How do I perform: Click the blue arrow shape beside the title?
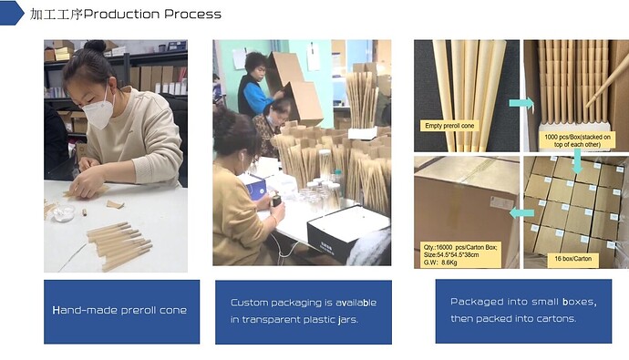pyautogui.click(x=11, y=13)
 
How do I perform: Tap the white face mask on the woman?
pyautogui.click(x=98, y=109)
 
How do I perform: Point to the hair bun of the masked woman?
pyautogui.click(x=95, y=46)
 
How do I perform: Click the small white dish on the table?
pyautogui.click(x=64, y=213)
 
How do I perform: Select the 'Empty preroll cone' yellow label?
pyautogui.click(x=449, y=126)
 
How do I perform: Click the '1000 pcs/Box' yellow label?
pyautogui.click(x=577, y=140)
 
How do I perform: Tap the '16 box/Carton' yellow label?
pyautogui.click(x=572, y=259)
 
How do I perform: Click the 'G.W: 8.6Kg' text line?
pyautogui.click(x=440, y=262)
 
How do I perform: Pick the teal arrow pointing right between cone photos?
pyautogui.click(x=521, y=103)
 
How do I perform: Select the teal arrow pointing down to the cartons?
pyautogui.click(x=577, y=161)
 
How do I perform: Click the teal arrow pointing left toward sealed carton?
pyautogui.click(x=521, y=212)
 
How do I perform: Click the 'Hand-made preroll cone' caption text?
pyautogui.click(x=119, y=310)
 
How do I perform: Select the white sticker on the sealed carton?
pyautogui.click(x=502, y=202)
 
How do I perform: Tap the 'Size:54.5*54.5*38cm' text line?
pyautogui.click(x=451, y=255)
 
